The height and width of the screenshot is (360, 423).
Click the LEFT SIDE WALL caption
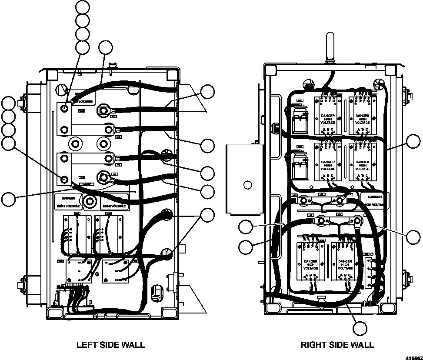pos(110,345)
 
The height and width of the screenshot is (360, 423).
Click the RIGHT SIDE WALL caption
pos(337,345)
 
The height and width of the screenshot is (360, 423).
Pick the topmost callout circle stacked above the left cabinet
pos(82,7)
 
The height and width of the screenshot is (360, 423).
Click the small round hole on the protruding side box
pos(247,185)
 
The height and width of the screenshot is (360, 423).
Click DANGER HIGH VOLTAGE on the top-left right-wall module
pos(328,119)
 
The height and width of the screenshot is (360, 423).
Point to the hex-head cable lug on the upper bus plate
pos(103,110)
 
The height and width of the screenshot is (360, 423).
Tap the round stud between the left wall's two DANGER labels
pos(91,201)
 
